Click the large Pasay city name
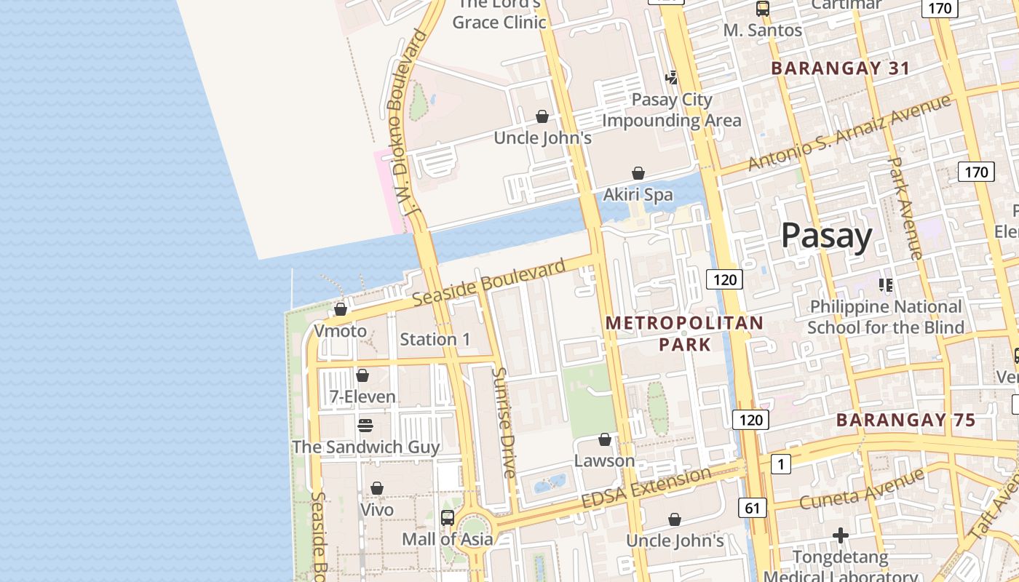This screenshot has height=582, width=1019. tap(826, 236)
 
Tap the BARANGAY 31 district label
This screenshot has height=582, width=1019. tap(840, 68)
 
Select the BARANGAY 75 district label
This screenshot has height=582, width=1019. tap(905, 420)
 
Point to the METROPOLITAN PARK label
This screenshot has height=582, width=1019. tap(685, 333)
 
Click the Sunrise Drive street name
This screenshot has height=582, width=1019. tap(504, 422)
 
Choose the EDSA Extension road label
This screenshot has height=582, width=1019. tap(646, 488)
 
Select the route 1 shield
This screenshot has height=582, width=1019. tap(781, 463)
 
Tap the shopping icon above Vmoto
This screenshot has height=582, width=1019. tap(341, 309)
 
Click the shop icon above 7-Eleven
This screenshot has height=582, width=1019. tap(362, 375)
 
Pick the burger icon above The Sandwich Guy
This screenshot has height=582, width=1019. tap(365, 425)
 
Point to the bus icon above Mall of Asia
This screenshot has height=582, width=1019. tap(448, 518)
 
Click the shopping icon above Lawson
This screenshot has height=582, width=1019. tap(604, 439)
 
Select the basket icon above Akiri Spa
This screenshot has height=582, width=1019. tap(638, 173)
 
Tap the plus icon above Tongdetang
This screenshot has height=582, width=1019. tap(841, 536)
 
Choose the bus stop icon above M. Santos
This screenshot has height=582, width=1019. tap(762, 9)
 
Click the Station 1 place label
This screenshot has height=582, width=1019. tap(435, 339)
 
